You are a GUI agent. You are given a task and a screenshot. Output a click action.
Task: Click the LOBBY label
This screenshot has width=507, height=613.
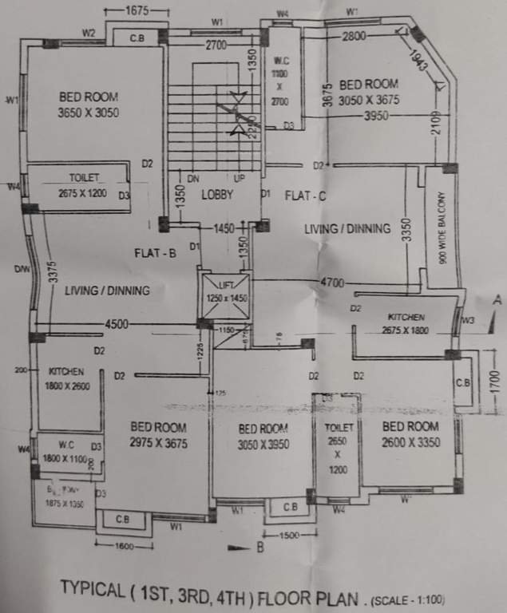click(216, 194)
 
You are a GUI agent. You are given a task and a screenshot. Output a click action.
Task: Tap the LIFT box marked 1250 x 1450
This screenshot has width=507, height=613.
click(225, 293)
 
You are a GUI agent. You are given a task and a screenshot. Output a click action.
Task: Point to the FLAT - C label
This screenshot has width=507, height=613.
click(303, 195)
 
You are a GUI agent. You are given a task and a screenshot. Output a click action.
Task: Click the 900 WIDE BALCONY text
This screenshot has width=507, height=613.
click(442, 228)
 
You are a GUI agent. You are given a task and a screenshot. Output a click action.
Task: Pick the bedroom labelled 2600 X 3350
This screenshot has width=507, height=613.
click(410, 433)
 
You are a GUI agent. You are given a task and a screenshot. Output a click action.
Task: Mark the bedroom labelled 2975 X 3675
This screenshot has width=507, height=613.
click(158, 436)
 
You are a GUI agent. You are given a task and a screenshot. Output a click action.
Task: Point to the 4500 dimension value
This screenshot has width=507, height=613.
click(117, 324)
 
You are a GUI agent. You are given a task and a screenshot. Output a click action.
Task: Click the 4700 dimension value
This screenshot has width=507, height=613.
click(333, 283)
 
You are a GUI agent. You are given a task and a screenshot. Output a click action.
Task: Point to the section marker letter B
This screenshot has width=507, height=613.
click(261, 548)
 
